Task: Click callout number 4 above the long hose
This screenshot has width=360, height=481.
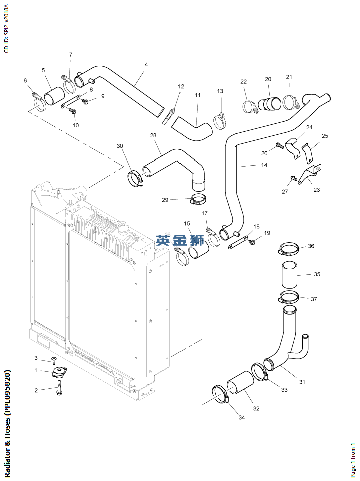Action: pyautogui.click(x=146, y=65)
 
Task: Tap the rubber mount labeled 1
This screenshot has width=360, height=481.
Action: pyautogui.click(x=60, y=373)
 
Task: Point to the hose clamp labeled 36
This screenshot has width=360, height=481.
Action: pyautogui.click(x=288, y=248)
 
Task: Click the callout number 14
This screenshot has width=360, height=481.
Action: pyautogui.click(x=264, y=165)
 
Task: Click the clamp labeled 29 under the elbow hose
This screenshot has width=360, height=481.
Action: pyautogui.click(x=199, y=200)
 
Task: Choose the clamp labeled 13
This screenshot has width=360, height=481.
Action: pyautogui.click(x=220, y=119)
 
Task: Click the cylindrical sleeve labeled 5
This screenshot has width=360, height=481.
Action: pyautogui.click(x=54, y=97)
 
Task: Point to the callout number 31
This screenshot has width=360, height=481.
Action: pyautogui.click(x=302, y=382)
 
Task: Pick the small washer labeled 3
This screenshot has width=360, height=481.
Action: pyautogui.click(x=54, y=360)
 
